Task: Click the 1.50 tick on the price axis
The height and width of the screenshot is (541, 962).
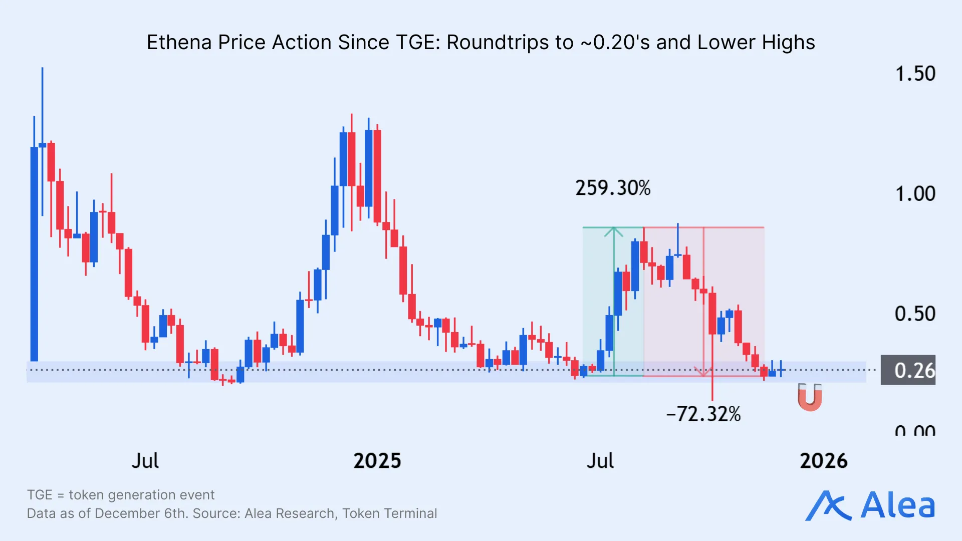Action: click(x=915, y=74)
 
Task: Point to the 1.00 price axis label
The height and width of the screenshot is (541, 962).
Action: click(x=915, y=194)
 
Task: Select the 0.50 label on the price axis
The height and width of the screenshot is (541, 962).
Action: click(x=915, y=314)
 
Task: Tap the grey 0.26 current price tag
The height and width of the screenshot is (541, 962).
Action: click(x=908, y=371)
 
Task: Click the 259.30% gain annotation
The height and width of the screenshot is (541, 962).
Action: click(x=613, y=188)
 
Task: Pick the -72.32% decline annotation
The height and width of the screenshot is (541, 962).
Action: click(x=703, y=414)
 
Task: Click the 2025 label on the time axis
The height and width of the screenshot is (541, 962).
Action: click(x=377, y=461)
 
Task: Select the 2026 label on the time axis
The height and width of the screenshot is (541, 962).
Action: click(x=824, y=461)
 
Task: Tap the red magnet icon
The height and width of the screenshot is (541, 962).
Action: click(x=810, y=397)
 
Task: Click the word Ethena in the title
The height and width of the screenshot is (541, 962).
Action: click(x=179, y=43)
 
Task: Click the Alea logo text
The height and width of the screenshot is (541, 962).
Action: click(x=898, y=505)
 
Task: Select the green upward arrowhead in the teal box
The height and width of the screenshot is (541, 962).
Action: click(x=614, y=232)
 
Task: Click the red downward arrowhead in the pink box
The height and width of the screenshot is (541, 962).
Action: click(x=703, y=372)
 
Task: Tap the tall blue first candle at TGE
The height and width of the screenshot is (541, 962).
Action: click(x=34, y=253)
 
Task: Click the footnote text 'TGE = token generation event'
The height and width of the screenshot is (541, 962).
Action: click(x=121, y=495)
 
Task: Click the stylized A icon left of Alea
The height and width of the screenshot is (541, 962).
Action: click(x=828, y=506)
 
